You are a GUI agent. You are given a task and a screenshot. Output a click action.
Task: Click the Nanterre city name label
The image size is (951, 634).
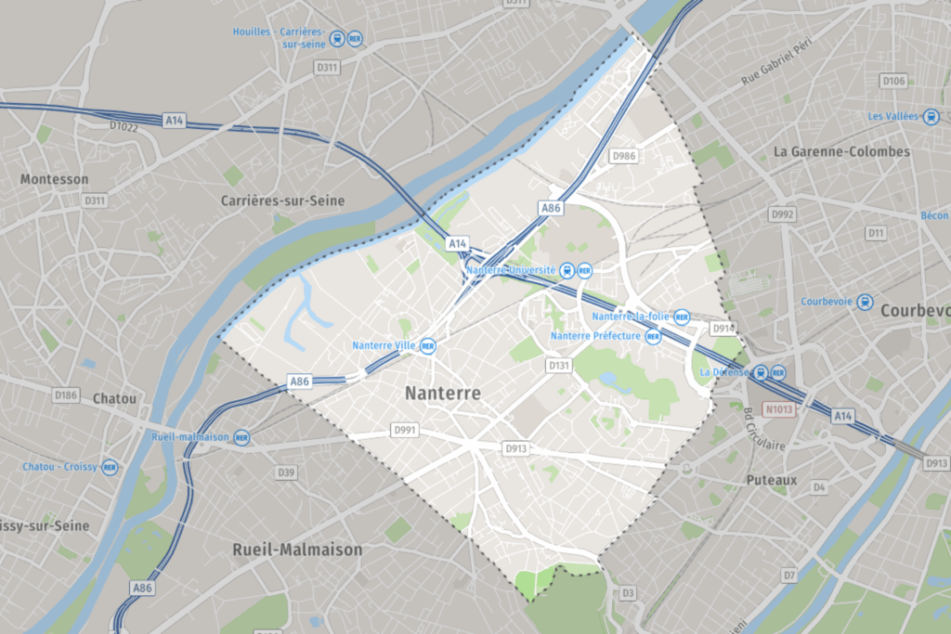tap(443, 394)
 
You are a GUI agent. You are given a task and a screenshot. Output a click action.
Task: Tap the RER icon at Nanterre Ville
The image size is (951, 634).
tap(428, 345)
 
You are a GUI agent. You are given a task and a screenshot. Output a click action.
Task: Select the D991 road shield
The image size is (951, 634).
tap(406, 431)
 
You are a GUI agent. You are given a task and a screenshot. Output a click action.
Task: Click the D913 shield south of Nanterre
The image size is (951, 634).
tap(516, 448)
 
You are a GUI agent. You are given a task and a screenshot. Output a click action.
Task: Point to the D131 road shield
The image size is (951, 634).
tap(559, 366)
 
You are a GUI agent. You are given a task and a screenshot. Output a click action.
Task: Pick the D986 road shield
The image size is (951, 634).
tap(623, 156)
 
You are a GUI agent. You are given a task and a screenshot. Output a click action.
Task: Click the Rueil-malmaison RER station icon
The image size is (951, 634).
tap(241, 436)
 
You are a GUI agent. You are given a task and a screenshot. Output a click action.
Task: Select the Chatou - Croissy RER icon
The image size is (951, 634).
tap(110, 467)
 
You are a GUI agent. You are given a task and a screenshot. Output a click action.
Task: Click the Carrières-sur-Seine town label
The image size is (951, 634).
tap(282, 201)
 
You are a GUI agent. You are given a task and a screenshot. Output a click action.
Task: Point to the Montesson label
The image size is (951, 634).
tap(54, 179)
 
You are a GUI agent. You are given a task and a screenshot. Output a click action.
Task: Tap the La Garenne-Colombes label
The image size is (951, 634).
tap(841, 151)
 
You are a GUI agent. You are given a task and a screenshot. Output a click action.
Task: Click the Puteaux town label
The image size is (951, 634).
tap(772, 480)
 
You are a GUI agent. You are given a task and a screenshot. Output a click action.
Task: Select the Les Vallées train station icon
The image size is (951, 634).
tap(932, 116)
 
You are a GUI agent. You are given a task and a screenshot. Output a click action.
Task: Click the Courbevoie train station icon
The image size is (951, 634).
tap(866, 302)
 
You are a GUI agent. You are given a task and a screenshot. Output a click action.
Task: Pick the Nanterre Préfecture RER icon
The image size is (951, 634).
tap(653, 336)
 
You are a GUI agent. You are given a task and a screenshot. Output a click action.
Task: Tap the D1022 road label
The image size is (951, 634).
tap(123, 126)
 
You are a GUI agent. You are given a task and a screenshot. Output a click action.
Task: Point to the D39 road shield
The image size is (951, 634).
tap(286, 473)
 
